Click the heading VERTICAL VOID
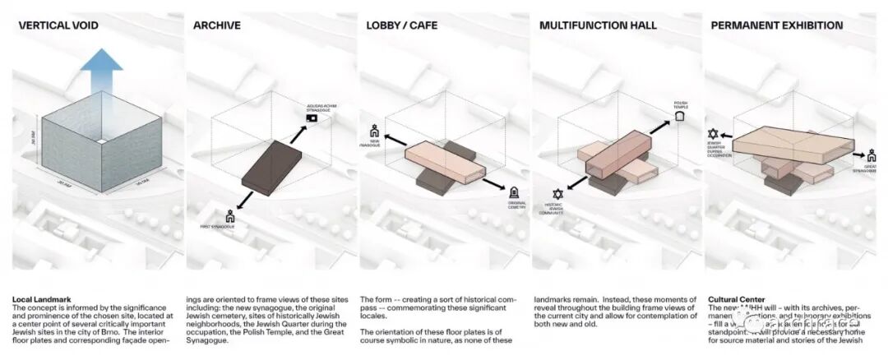click(58, 25)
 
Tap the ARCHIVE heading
click(216, 25)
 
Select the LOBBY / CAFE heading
click(402, 25)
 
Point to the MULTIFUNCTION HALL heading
click(598, 25)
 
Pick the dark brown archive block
click(274, 168)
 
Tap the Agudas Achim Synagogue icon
click(312, 118)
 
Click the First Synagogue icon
click(231, 217)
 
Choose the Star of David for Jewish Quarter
click(713, 133)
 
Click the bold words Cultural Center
click(735, 299)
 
